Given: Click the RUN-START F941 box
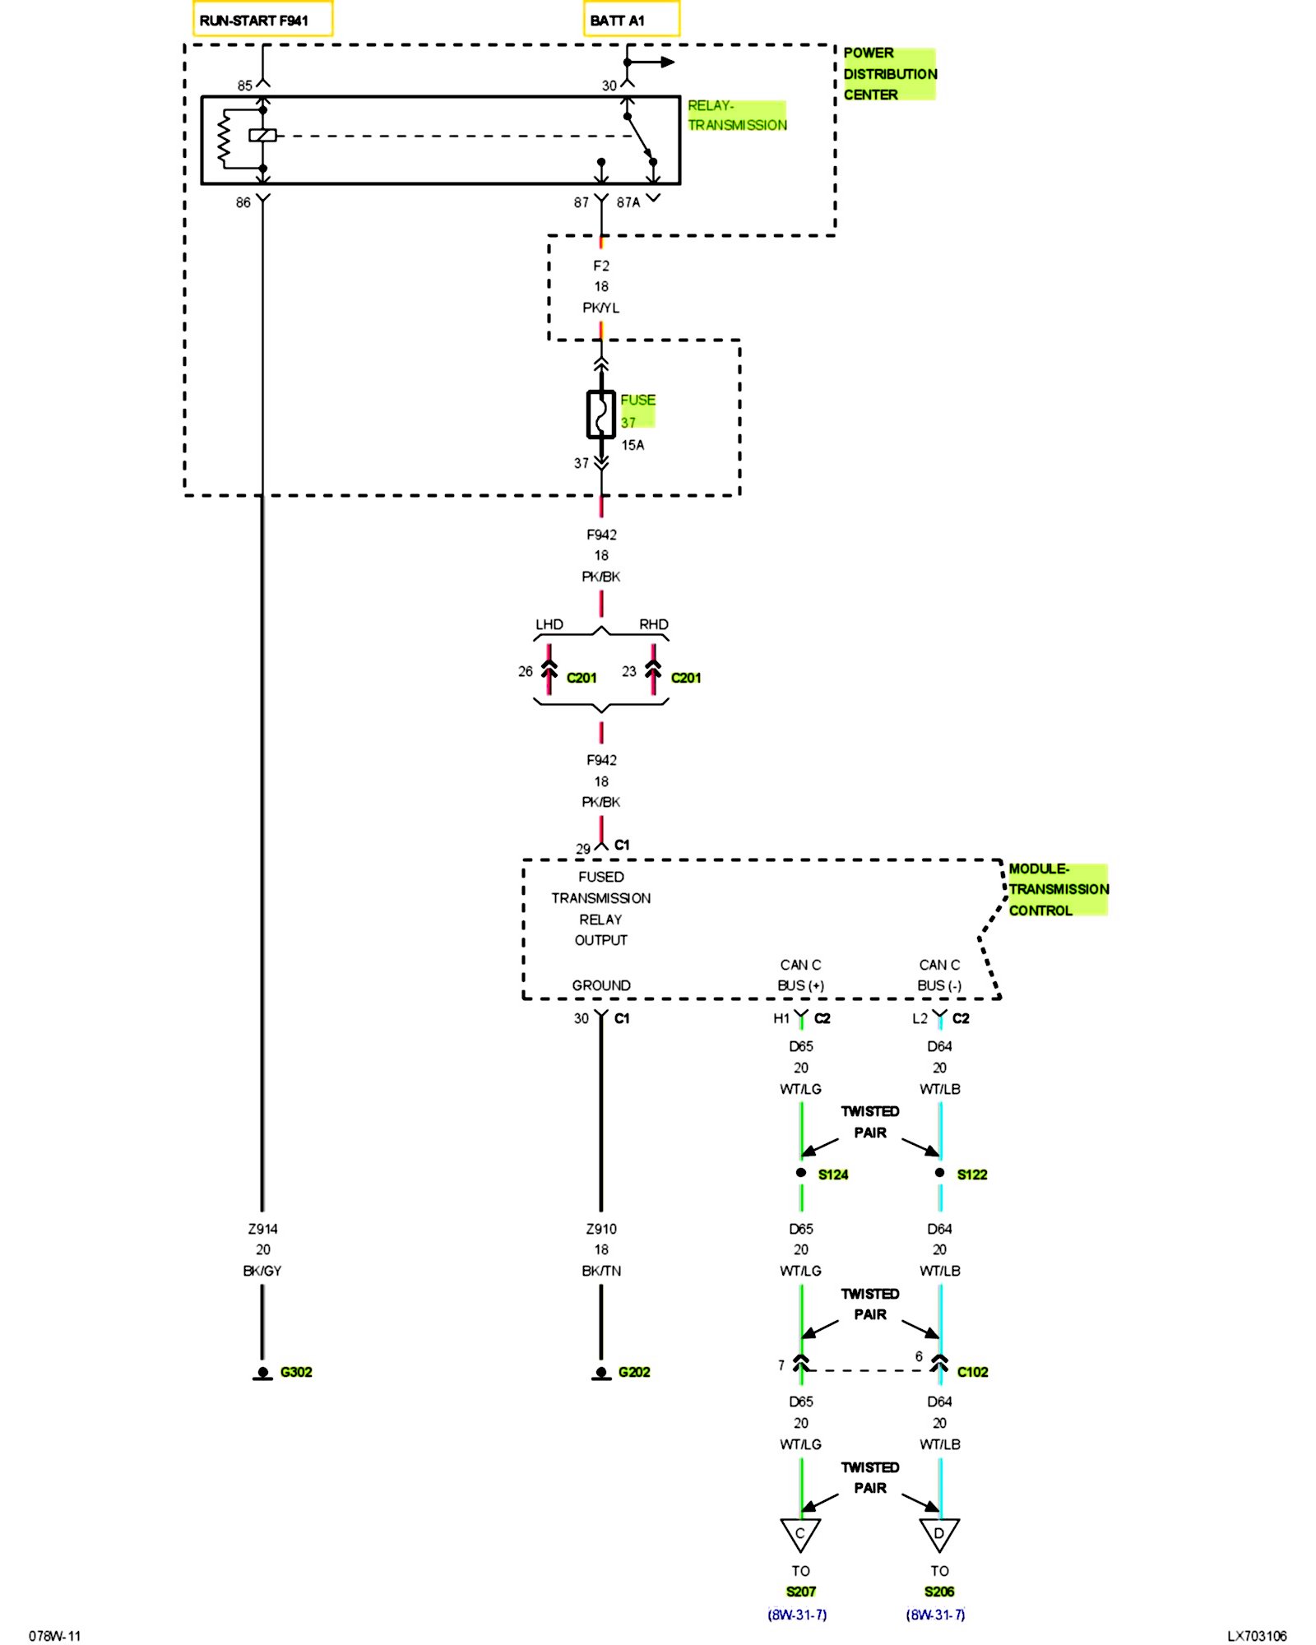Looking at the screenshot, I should pyautogui.click(x=262, y=19).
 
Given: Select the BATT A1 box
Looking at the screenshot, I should pyautogui.click(x=631, y=19).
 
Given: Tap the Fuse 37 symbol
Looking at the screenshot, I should pyautogui.click(x=600, y=414).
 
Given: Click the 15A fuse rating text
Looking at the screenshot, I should pyautogui.click(x=633, y=445).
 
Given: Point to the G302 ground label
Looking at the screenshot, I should pyautogui.click(x=296, y=1372).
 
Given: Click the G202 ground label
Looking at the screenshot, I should pyautogui.click(x=634, y=1372).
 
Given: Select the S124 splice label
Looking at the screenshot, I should pyautogui.click(x=832, y=1175).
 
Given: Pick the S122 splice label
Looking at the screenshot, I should pyautogui.click(x=971, y=1175).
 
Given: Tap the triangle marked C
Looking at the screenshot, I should pyautogui.click(x=799, y=1534).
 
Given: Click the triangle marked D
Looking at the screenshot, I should pyautogui.click(x=938, y=1534).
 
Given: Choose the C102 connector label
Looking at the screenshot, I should pyautogui.click(x=972, y=1372).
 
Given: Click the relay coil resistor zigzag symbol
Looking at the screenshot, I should pyautogui.click(x=223, y=138).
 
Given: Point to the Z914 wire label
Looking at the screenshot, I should pyautogui.click(x=263, y=1229).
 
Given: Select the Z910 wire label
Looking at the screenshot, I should pyautogui.click(x=601, y=1229).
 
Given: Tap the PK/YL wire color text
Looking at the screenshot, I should pyautogui.click(x=601, y=308).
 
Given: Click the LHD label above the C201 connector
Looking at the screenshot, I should pyautogui.click(x=549, y=624).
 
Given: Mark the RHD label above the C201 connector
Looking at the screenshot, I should pyautogui.click(x=654, y=624).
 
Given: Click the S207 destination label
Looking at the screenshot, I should pyautogui.click(x=800, y=1592).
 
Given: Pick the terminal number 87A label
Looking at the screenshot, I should pyautogui.click(x=628, y=202).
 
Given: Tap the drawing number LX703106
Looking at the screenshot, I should pyautogui.click(x=1257, y=1636).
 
